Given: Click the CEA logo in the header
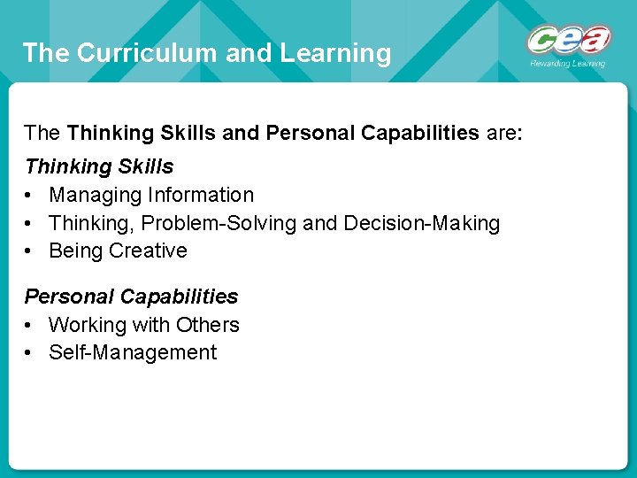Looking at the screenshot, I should click(569, 41).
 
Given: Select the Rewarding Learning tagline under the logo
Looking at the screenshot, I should click(568, 64).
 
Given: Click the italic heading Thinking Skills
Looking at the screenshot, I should click(99, 166).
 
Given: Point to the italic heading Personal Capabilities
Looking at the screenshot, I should click(131, 297).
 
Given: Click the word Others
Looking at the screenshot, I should click(208, 325).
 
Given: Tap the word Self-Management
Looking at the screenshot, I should click(133, 352).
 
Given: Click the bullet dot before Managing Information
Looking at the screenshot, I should click(30, 196).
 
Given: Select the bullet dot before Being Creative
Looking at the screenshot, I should click(30, 251).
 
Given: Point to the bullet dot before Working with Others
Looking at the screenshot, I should click(30, 326).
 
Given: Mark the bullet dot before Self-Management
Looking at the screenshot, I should click(30, 353).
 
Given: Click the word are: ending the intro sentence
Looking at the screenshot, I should click(504, 134).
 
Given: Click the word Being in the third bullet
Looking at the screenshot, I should click(76, 251).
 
